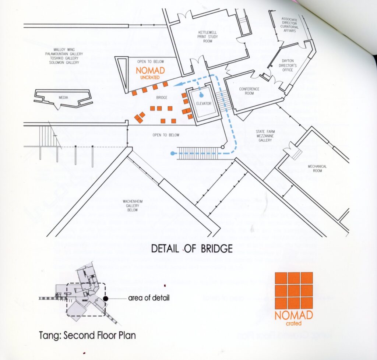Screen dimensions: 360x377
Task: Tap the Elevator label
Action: (204, 103)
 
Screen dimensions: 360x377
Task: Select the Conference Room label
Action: (249, 91)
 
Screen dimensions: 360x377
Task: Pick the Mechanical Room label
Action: (317, 169)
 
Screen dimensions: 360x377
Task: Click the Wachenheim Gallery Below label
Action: (128, 205)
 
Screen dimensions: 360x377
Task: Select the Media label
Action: (63, 98)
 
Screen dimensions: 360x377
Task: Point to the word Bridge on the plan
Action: (162, 98)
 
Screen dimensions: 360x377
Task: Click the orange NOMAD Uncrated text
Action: (151, 72)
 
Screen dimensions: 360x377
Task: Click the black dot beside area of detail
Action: (106, 298)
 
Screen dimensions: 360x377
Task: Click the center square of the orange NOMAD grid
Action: (293, 290)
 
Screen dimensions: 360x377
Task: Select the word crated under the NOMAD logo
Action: (293, 324)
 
